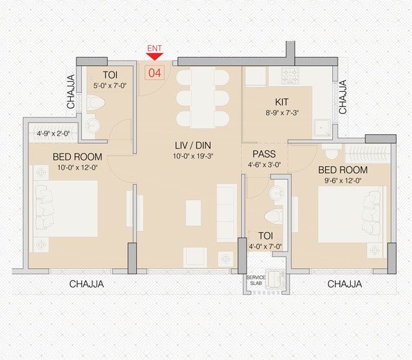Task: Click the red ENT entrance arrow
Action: (154, 58)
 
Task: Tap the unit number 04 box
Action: (154, 71)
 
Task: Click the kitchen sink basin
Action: (322, 127)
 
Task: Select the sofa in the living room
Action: (226, 213)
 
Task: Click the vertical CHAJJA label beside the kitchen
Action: (343, 96)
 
